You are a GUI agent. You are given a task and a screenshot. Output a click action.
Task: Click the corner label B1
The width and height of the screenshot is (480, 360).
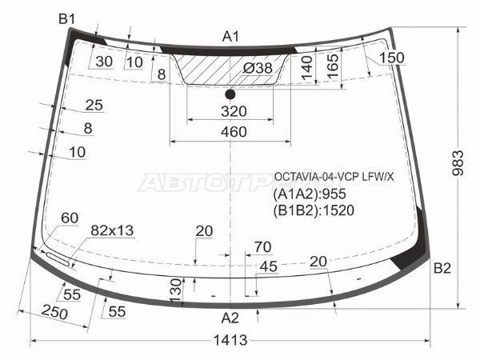click(x=66, y=19)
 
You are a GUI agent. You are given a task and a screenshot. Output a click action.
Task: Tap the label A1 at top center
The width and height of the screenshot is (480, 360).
click(x=230, y=37)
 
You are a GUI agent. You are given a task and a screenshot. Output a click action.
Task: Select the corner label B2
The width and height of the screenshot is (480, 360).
click(x=442, y=268)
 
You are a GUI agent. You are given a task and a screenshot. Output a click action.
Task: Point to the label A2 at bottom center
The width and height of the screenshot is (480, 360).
click(x=230, y=318)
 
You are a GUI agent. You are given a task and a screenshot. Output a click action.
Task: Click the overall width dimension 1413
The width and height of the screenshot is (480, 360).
click(x=230, y=340)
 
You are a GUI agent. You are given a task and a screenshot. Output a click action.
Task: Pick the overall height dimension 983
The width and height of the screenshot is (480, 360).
click(x=458, y=162)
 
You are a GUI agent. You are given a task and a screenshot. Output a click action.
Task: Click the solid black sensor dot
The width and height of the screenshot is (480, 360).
click(x=230, y=94)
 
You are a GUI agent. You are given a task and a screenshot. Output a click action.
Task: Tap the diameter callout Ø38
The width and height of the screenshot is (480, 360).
click(x=258, y=68)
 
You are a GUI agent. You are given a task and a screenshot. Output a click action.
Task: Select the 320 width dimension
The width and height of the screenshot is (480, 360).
click(x=234, y=111)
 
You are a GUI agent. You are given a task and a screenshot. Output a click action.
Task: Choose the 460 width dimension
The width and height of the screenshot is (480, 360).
click(x=234, y=132)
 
